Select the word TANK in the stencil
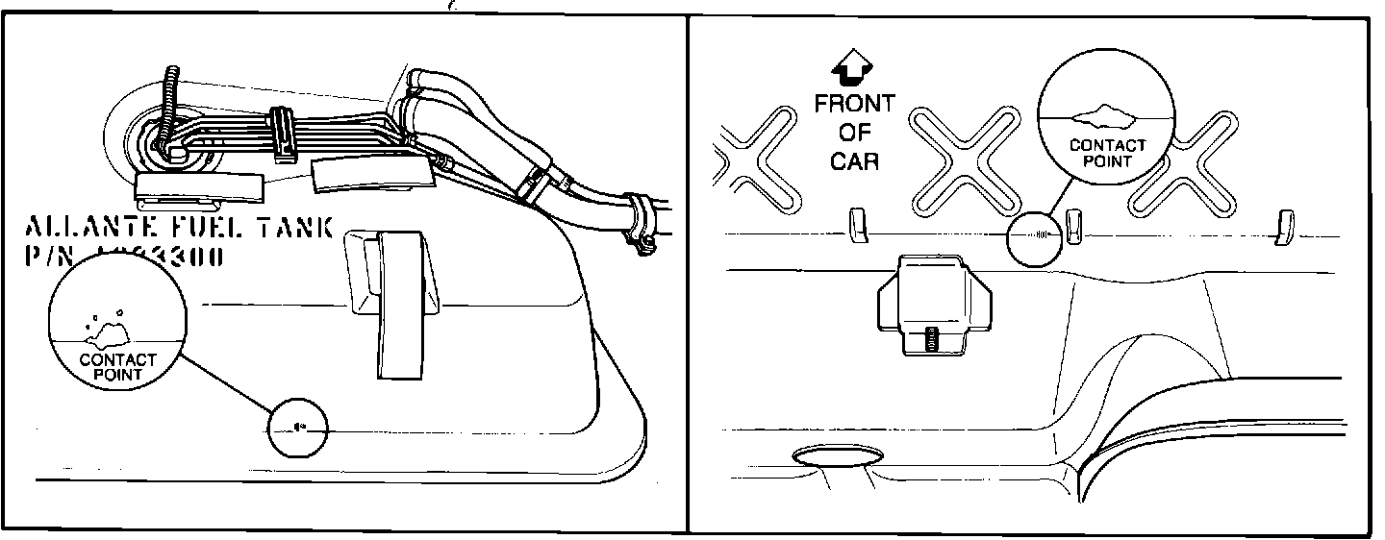[x=294, y=228]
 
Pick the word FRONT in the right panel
[x=854, y=103]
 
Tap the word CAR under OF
[x=854, y=160]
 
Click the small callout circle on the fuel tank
[x=298, y=427]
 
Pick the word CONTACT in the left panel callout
[x=117, y=360]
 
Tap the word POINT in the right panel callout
[x=1108, y=161]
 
